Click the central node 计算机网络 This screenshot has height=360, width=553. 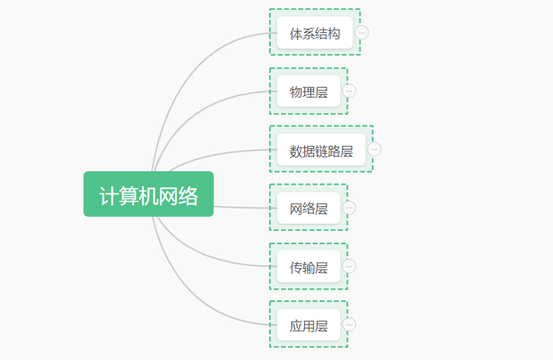pyautogui.click(x=148, y=195)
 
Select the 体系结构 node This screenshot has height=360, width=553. pyautogui.click(x=314, y=33)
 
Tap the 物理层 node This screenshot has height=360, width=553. pyautogui.click(x=308, y=91)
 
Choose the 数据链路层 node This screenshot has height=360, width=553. pyautogui.click(x=320, y=150)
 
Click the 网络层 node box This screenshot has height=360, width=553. pyautogui.click(x=308, y=207)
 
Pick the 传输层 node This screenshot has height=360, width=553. pyautogui.click(x=308, y=266)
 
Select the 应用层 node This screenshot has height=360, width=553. pyautogui.click(x=308, y=325)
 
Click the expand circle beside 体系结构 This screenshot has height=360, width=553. pyautogui.click(x=362, y=32)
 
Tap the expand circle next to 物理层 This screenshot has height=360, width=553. pyautogui.click(x=349, y=91)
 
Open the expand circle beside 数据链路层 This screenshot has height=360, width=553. pyautogui.click(x=374, y=149)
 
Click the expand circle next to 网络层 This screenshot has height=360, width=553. pyautogui.click(x=349, y=207)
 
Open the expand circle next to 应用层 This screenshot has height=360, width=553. pyautogui.click(x=349, y=325)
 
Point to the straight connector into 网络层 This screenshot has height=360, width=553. pyautogui.click(x=242, y=207)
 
